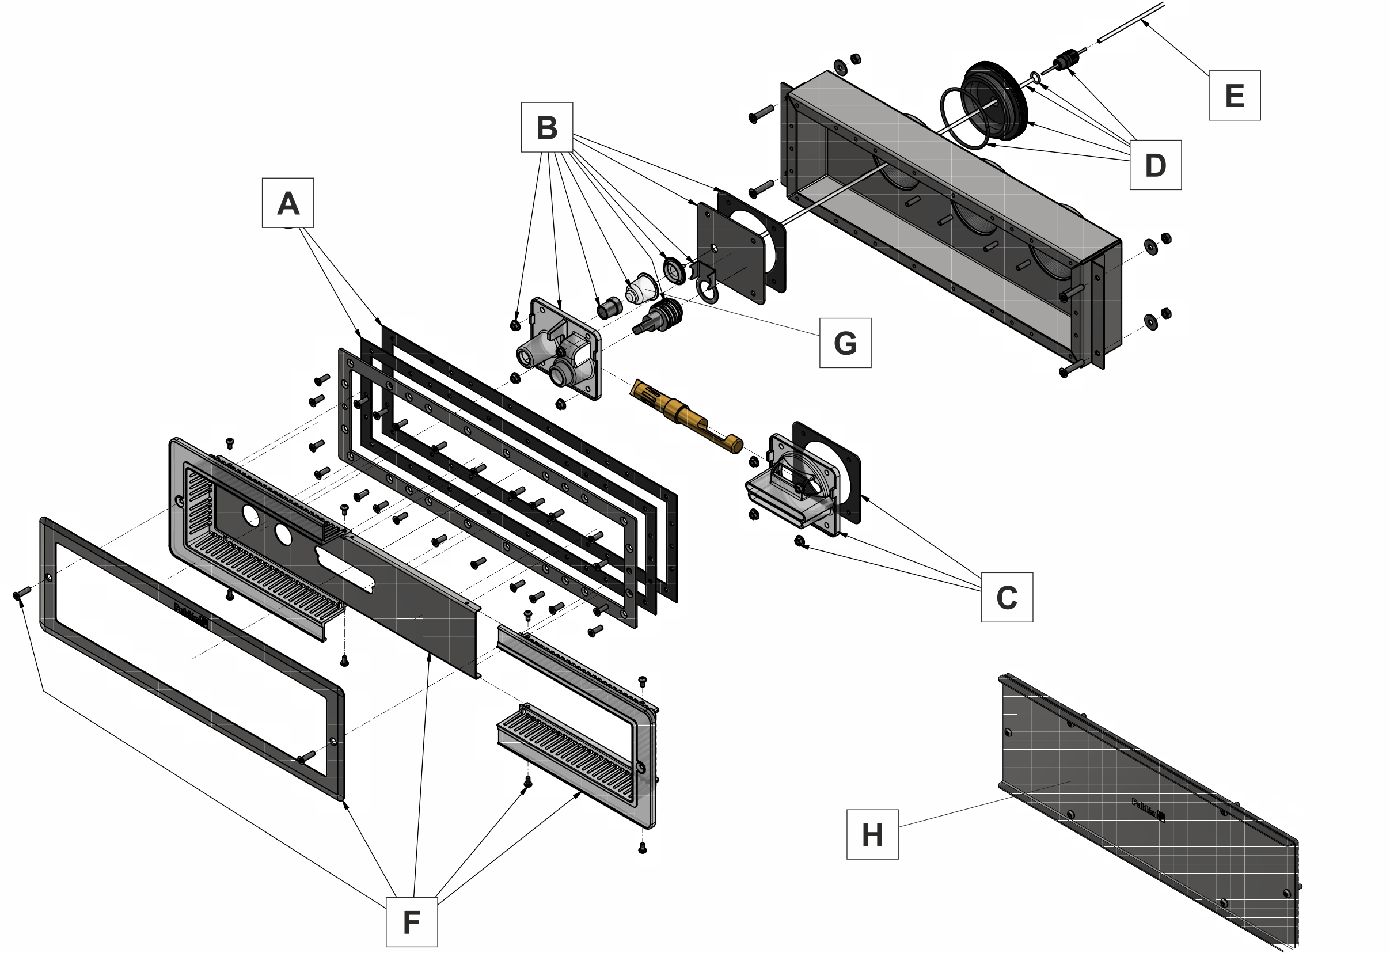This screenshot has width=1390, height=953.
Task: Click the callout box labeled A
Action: [x=288, y=203]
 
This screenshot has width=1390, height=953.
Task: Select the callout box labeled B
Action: [x=546, y=127]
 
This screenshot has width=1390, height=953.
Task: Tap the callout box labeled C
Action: [x=1007, y=597]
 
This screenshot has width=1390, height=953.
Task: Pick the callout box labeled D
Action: [x=1155, y=165]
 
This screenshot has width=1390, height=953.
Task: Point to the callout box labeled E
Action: [x=1235, y=96]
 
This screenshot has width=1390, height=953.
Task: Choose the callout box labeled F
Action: [x=412, y=921]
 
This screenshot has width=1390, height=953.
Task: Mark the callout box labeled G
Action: [x=845, y=343]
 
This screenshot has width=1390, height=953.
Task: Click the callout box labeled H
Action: [x=872, y=834]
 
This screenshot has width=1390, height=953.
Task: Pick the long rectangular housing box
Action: [x=951, y=221]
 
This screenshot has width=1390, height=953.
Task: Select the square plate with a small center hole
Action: [x=731, y=251]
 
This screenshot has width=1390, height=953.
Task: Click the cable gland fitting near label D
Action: [x=1064, y=60]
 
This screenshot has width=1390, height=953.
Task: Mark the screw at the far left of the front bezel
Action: [x=21, y=594]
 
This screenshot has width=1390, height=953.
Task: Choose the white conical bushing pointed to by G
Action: [x=641, y=288]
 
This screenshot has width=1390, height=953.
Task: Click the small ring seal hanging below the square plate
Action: [x=708, y=293]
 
